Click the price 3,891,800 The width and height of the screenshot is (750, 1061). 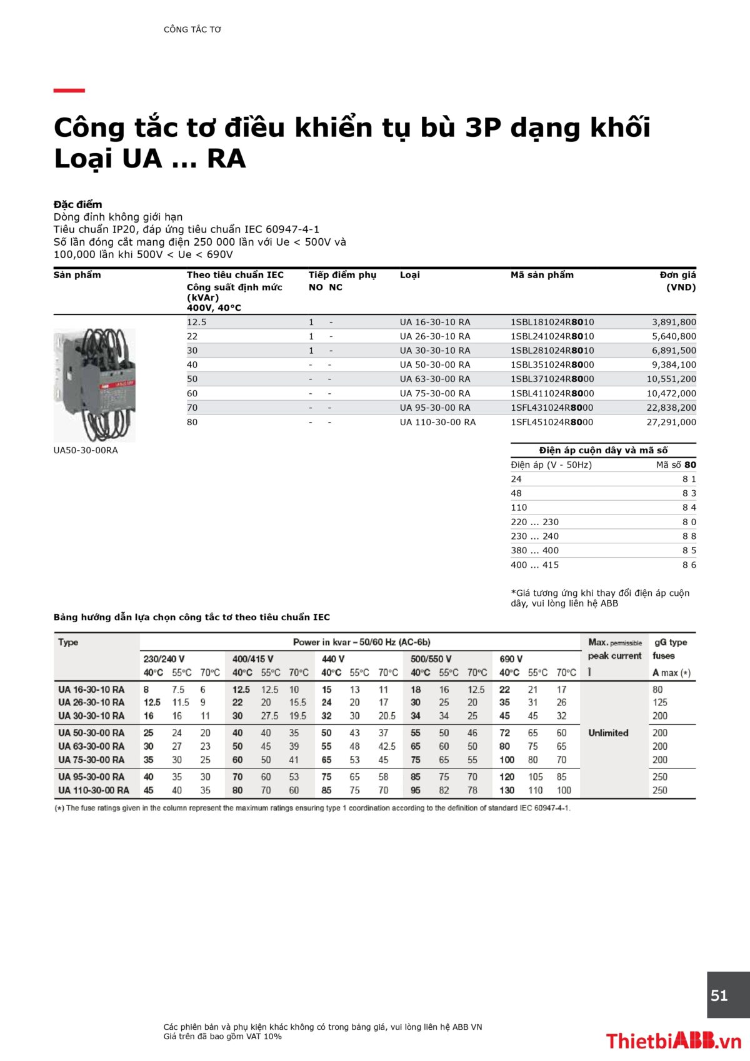click(673, 322)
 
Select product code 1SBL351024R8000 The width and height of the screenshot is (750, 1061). click(552, 365)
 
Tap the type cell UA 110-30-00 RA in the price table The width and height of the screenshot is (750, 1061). click(437, 422)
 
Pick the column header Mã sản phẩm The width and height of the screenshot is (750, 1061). click(542, 275)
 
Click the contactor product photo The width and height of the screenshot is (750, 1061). click(94, 384)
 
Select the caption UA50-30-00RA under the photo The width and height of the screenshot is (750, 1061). click(86, 450)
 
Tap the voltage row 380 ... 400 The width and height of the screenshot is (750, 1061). click(534, 550)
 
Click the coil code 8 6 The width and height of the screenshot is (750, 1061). click(689, 565)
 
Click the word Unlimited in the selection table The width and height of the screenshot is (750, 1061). click(608, 733)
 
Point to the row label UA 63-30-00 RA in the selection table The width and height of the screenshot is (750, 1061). click(91, 746)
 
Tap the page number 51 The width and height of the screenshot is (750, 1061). click(719, 995)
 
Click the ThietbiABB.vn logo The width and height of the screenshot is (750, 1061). click(673, 1040)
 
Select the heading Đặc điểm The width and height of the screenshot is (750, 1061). click(77, 204)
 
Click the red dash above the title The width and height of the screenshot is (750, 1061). click(69, 91)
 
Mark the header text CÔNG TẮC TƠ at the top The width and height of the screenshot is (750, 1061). click(192, 29)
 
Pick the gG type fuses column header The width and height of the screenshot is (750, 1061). click(671, 649)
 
